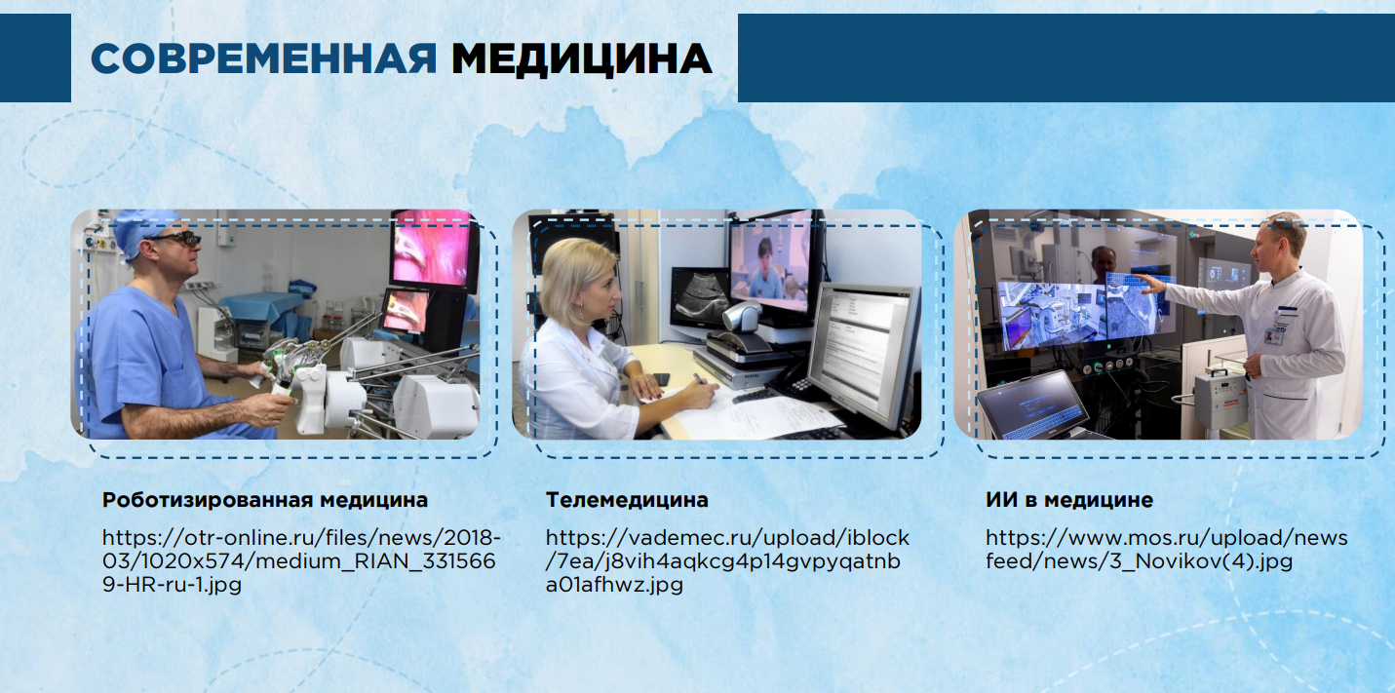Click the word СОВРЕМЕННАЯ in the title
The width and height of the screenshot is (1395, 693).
(x=264, y=59)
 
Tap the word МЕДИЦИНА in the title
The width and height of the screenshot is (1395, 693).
(x=582, y=60)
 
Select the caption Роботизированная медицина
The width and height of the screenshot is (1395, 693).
(x=265, y=500)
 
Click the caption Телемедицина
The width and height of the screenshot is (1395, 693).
(x=627, y=500)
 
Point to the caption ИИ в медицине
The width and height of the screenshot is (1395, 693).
(x=1068, y=500)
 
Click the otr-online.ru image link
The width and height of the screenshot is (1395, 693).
(x=301, y=561)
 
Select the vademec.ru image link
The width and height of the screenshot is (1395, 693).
(x=727, y=561)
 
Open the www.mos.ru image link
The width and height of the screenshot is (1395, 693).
(x=1167, y=549)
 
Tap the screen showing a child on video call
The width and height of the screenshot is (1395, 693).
(x=772, y=264)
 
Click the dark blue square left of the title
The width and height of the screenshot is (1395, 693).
(x=35, y=58)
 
